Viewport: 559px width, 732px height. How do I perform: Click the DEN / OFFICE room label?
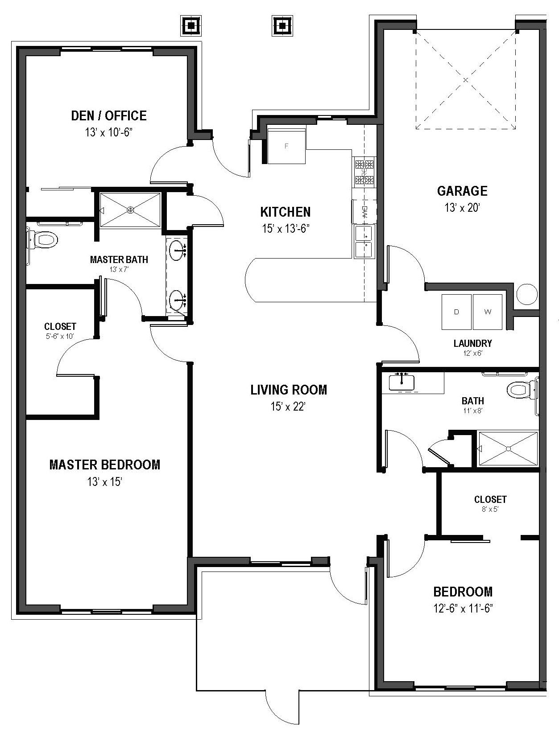(108, 116)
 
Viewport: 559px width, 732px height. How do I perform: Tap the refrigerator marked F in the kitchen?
(286, 145)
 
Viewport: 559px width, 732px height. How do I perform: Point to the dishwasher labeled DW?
(364, 210)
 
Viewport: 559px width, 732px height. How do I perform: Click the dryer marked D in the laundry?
(456, 312)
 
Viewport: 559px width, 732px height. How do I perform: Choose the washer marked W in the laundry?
(487, 312)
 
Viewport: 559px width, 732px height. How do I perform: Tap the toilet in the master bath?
(45, 240)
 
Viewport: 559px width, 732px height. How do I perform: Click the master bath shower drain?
(130, 210)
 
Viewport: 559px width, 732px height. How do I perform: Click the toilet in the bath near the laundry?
(519, 390)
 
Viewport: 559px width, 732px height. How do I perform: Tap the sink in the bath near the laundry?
(402, 382)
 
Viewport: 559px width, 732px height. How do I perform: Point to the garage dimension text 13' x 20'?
(462, 208)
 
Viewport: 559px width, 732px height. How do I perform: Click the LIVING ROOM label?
(289, 390)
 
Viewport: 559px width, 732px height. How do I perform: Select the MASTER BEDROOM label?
(104, 465)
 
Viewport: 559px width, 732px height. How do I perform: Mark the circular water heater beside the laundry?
(527, 294)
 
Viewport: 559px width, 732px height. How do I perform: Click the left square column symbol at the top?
(191, 25)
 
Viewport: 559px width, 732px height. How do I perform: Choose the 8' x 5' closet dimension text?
(490, 509)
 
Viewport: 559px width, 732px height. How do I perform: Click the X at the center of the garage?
(465, 80)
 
